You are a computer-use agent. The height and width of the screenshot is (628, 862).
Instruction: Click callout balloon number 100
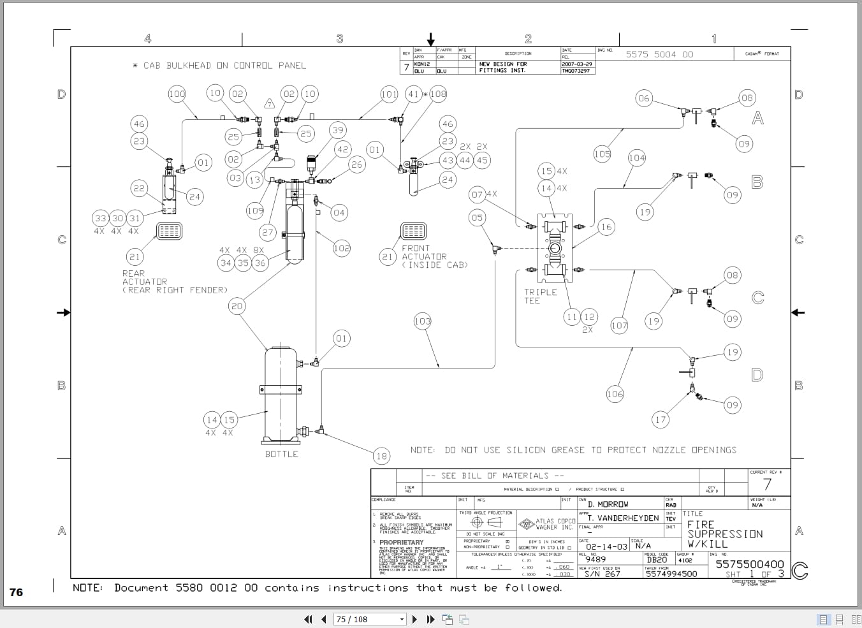click(x=177, y=94)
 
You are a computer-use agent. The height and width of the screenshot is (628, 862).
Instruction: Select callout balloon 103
click(x=422, y=321)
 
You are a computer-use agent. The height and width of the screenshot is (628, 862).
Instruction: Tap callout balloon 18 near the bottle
click(x=381, y=455)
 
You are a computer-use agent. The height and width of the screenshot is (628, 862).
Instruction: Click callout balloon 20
click(x=237, y=306)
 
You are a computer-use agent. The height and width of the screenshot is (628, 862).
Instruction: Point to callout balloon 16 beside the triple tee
click(x=606, y=226)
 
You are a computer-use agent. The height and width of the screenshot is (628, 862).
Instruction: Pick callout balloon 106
click(x=615, y=394)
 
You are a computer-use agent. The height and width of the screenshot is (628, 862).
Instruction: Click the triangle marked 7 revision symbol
click(x=269, y=104)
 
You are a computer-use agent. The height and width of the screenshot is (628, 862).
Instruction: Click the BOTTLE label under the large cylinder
click(x=281, y=454)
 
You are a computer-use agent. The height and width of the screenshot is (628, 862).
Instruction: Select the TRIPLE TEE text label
click(x=540, y=296)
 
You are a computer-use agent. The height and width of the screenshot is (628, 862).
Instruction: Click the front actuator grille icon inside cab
click(x=413, y=231)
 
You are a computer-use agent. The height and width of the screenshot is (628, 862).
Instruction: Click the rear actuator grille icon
click(x=169, y=231)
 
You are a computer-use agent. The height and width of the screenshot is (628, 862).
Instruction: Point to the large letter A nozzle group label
click(x=757, y=118)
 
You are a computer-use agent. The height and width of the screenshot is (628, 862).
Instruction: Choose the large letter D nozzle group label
click(x=757, y=374)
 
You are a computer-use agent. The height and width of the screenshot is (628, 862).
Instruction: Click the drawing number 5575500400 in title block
click(x=749, y=564)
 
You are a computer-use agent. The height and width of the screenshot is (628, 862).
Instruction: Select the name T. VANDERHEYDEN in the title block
click(x=622, y=518)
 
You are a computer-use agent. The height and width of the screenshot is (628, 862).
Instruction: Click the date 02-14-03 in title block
click(x=606, y=546)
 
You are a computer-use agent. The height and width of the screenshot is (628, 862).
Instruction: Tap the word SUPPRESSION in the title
click(x=725, y=534)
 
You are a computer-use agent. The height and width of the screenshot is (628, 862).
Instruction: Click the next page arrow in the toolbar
click(x=415, y=619)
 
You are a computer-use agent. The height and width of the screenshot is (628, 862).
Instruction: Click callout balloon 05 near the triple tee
click(x=476, y=217)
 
